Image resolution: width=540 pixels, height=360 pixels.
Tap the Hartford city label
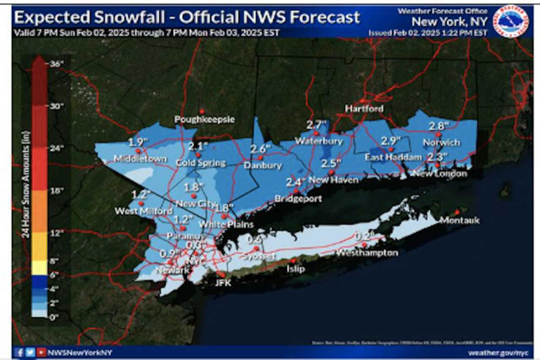point(364,109)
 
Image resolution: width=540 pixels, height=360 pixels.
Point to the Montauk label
point(459,221)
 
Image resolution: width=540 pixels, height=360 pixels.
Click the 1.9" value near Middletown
point(137,142)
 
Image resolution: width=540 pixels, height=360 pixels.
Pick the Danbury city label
point(262,165)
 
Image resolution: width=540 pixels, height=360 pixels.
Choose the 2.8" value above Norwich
point(439,126)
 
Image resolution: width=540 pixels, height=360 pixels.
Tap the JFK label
point(223,283)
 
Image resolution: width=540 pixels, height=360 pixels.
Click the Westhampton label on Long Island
point(367,252)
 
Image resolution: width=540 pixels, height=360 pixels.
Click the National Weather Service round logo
point(513,22)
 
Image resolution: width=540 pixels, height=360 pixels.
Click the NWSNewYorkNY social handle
point(79,352)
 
